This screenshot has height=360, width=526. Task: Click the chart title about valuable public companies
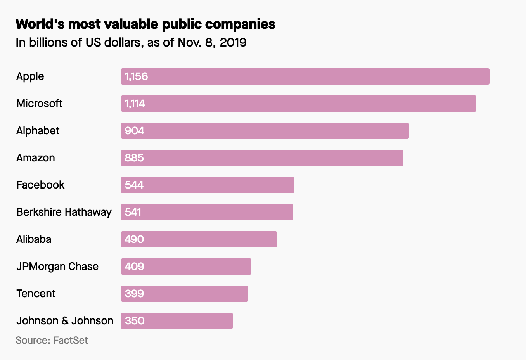[x=145, y=24]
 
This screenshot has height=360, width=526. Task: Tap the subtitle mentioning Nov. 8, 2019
[x=131, y=42]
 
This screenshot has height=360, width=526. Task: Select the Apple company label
[x=30, y=76]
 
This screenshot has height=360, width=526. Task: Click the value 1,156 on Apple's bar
[x=136, y=76]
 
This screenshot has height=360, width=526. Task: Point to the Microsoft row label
[x=39, y=104]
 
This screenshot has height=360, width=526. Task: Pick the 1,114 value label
[x=135, y=104]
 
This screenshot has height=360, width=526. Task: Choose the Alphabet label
[x=38, y=131]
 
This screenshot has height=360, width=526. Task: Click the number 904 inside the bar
[x=134, y=131]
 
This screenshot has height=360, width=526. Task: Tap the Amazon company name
[x=36, y=158]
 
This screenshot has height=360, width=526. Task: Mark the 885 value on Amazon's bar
[x=134, y=158]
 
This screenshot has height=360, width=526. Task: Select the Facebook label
[x=40, y=185]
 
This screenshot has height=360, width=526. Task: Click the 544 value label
[x=134, y=185]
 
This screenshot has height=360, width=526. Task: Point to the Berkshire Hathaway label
[x=64, y=212]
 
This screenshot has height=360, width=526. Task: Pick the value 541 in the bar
[x=133, y=212]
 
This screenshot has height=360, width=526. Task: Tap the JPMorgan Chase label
[x=57, y=267]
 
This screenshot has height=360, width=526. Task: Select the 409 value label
[x=134, y=267]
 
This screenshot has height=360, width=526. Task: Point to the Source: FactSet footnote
[x=52, y=340]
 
